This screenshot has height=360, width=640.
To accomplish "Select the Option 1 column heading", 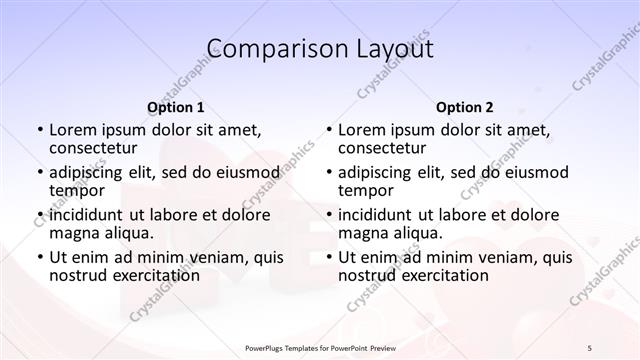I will point(175,107).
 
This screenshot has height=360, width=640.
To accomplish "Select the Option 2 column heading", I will point(465,107).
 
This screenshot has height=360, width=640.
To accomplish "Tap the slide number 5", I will point(589,346).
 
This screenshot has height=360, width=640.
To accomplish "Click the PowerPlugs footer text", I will point(320,346).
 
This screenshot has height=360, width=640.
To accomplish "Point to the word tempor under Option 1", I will point(76,190).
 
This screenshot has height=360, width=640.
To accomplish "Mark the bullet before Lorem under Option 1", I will point(40,130).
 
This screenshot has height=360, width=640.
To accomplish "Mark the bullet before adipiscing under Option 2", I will point(329,172).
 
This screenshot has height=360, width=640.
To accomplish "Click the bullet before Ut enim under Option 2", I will point(329,257).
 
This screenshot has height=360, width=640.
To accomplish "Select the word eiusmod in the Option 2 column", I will point(536,172).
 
